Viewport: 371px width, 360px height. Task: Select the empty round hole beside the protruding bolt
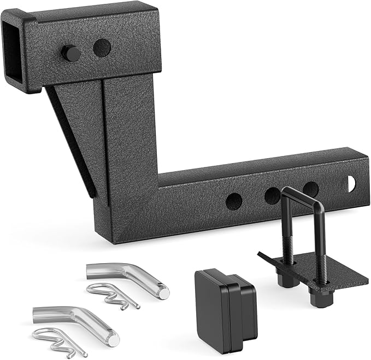tap(102, 48)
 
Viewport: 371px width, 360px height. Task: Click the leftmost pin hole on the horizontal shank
tap(233, 200)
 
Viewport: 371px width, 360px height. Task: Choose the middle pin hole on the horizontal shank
tap(272, 195)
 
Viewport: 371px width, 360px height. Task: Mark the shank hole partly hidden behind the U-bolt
tap(311, 190)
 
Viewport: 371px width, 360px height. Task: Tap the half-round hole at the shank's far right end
tap(350, 184)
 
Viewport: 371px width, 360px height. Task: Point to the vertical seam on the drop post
tap(104, 142)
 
